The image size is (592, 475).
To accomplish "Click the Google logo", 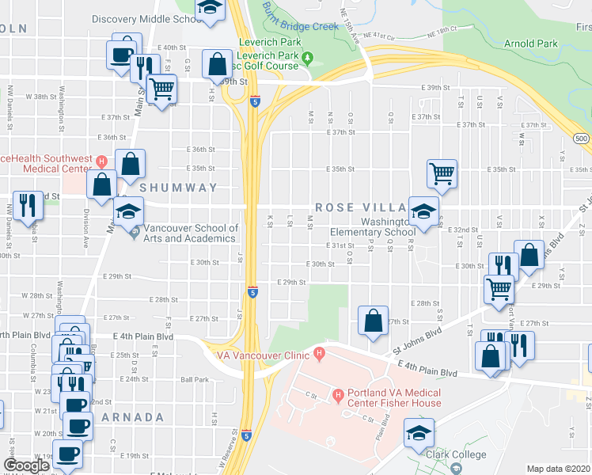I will coord(25,465).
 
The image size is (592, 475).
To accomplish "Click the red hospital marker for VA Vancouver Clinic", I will coord(320,353).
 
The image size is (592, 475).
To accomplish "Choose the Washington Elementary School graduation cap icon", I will coord(424,211).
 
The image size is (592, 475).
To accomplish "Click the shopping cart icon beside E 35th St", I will coord(442,172).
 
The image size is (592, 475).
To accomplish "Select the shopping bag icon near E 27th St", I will coord(373,321).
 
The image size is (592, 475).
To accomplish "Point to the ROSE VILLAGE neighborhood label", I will coord(362,207).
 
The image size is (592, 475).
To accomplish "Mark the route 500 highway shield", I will coord(582,139).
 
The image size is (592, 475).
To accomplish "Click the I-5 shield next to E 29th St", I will coord(252,291).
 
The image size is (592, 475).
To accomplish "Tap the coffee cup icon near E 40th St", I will coord(121,55).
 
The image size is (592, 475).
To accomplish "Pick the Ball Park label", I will coord(194,379).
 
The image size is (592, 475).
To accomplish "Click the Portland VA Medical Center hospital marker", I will coord(338,393).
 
